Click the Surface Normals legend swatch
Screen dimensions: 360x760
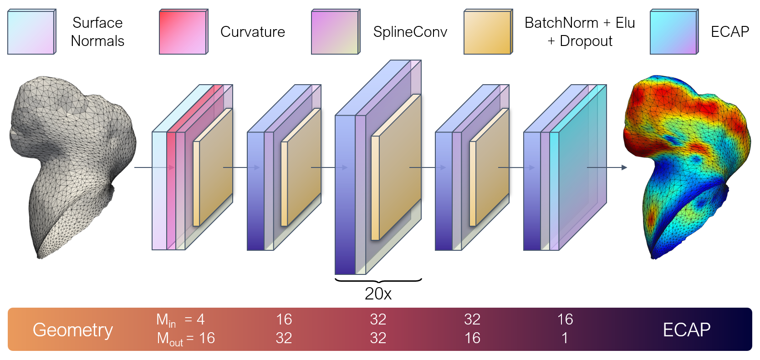pyautogui.click(x=31, y=32)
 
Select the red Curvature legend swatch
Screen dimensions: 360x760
pyautogui.click(x=183, y=32)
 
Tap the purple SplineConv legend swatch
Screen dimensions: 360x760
pyautogui.click(x=335, y=32)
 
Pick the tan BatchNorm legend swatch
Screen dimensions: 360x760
pyautogui.click(x=488, y=32)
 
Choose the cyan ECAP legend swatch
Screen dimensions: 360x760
pyautogui.click(x=673, y=32)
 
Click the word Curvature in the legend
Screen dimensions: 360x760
pyautogui.click(x=252, y=32)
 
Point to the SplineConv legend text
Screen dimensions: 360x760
pyautogui.click(x=410, y=32)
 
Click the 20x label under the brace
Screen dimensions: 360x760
pyautogui.click(x=378, y=294)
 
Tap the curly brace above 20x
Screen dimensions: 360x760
pyautogui.click(x=378, y=280)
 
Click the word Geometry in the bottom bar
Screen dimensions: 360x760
pyautogui.click(x=73, y=330)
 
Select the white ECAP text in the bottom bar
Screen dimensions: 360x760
pyautogui.click(x=686, y=330)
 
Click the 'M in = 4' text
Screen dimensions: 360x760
pyautogui.click(x=180, y=320)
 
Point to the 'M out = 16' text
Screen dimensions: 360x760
pyautogui.click(x=186, y=339)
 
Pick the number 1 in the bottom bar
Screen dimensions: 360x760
pyautogui.click(x=565, y=338)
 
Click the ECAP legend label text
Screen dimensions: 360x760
pyautogui.click(x=729, y=32)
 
